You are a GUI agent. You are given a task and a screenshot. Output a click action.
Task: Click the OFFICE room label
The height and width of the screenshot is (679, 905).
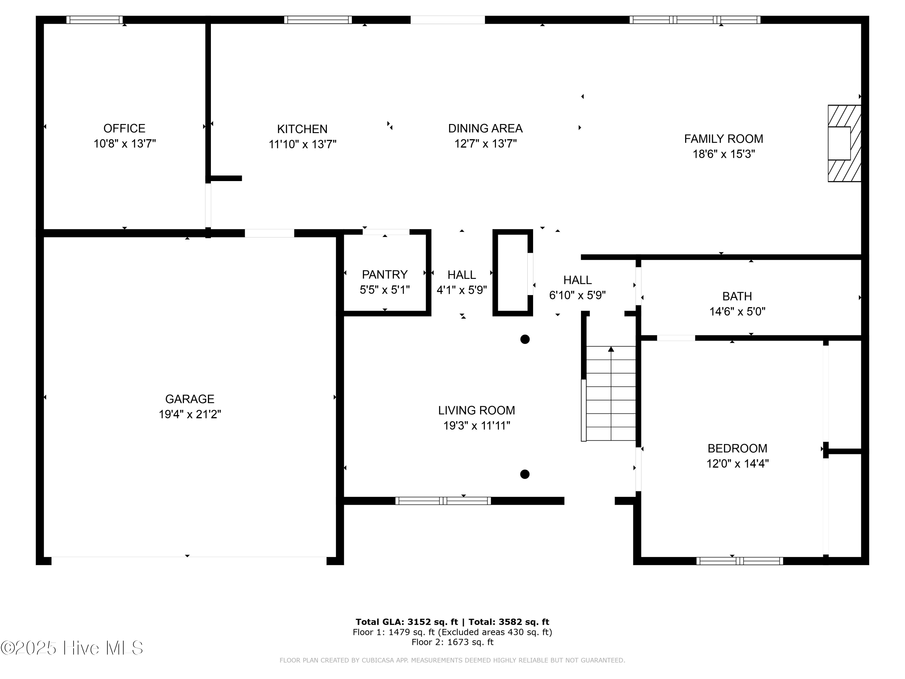click(x=124, y=129)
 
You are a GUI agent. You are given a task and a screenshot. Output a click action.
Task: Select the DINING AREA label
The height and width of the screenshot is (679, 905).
click(x=485, y=129)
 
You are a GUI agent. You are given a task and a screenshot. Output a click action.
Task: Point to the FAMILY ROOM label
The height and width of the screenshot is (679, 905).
click(x=723, y=139)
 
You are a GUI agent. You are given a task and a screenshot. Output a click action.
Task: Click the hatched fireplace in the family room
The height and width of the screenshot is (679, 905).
click(x=844, y=143)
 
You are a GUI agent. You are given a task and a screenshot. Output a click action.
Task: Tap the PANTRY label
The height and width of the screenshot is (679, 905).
click(x=385, y=274)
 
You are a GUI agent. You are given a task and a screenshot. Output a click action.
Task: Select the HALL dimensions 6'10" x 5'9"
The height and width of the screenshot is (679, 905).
click(x=577, y=295)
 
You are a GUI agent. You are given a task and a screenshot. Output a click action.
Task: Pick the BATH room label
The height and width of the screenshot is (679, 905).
click(x=737, y=296)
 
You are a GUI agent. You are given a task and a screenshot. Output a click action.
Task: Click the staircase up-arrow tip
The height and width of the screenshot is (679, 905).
click(x=611, y=349)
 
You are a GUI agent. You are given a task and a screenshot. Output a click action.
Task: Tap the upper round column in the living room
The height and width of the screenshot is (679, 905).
click(x=525, y=339)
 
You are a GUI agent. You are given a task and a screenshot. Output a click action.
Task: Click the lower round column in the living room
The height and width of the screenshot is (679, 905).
click(x=525, y=474)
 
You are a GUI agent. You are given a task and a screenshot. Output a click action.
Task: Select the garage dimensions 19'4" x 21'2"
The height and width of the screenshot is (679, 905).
click(x=190, y=414)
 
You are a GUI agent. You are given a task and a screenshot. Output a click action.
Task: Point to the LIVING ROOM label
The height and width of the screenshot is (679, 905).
click(x=477, y=410)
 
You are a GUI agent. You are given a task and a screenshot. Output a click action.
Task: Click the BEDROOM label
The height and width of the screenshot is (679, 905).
click(x=737, y=448)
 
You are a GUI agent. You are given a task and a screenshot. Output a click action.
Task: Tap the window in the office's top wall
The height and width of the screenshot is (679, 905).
click(x=94, y=20)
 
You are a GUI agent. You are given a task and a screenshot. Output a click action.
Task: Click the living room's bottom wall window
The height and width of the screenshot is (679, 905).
click(x=443, y=501)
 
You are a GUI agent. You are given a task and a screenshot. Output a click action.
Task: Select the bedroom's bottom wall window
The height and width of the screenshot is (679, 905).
click(x=740, y=561)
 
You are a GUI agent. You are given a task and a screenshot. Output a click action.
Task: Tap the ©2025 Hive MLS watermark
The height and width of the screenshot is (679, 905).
click(x=72, y=648)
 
